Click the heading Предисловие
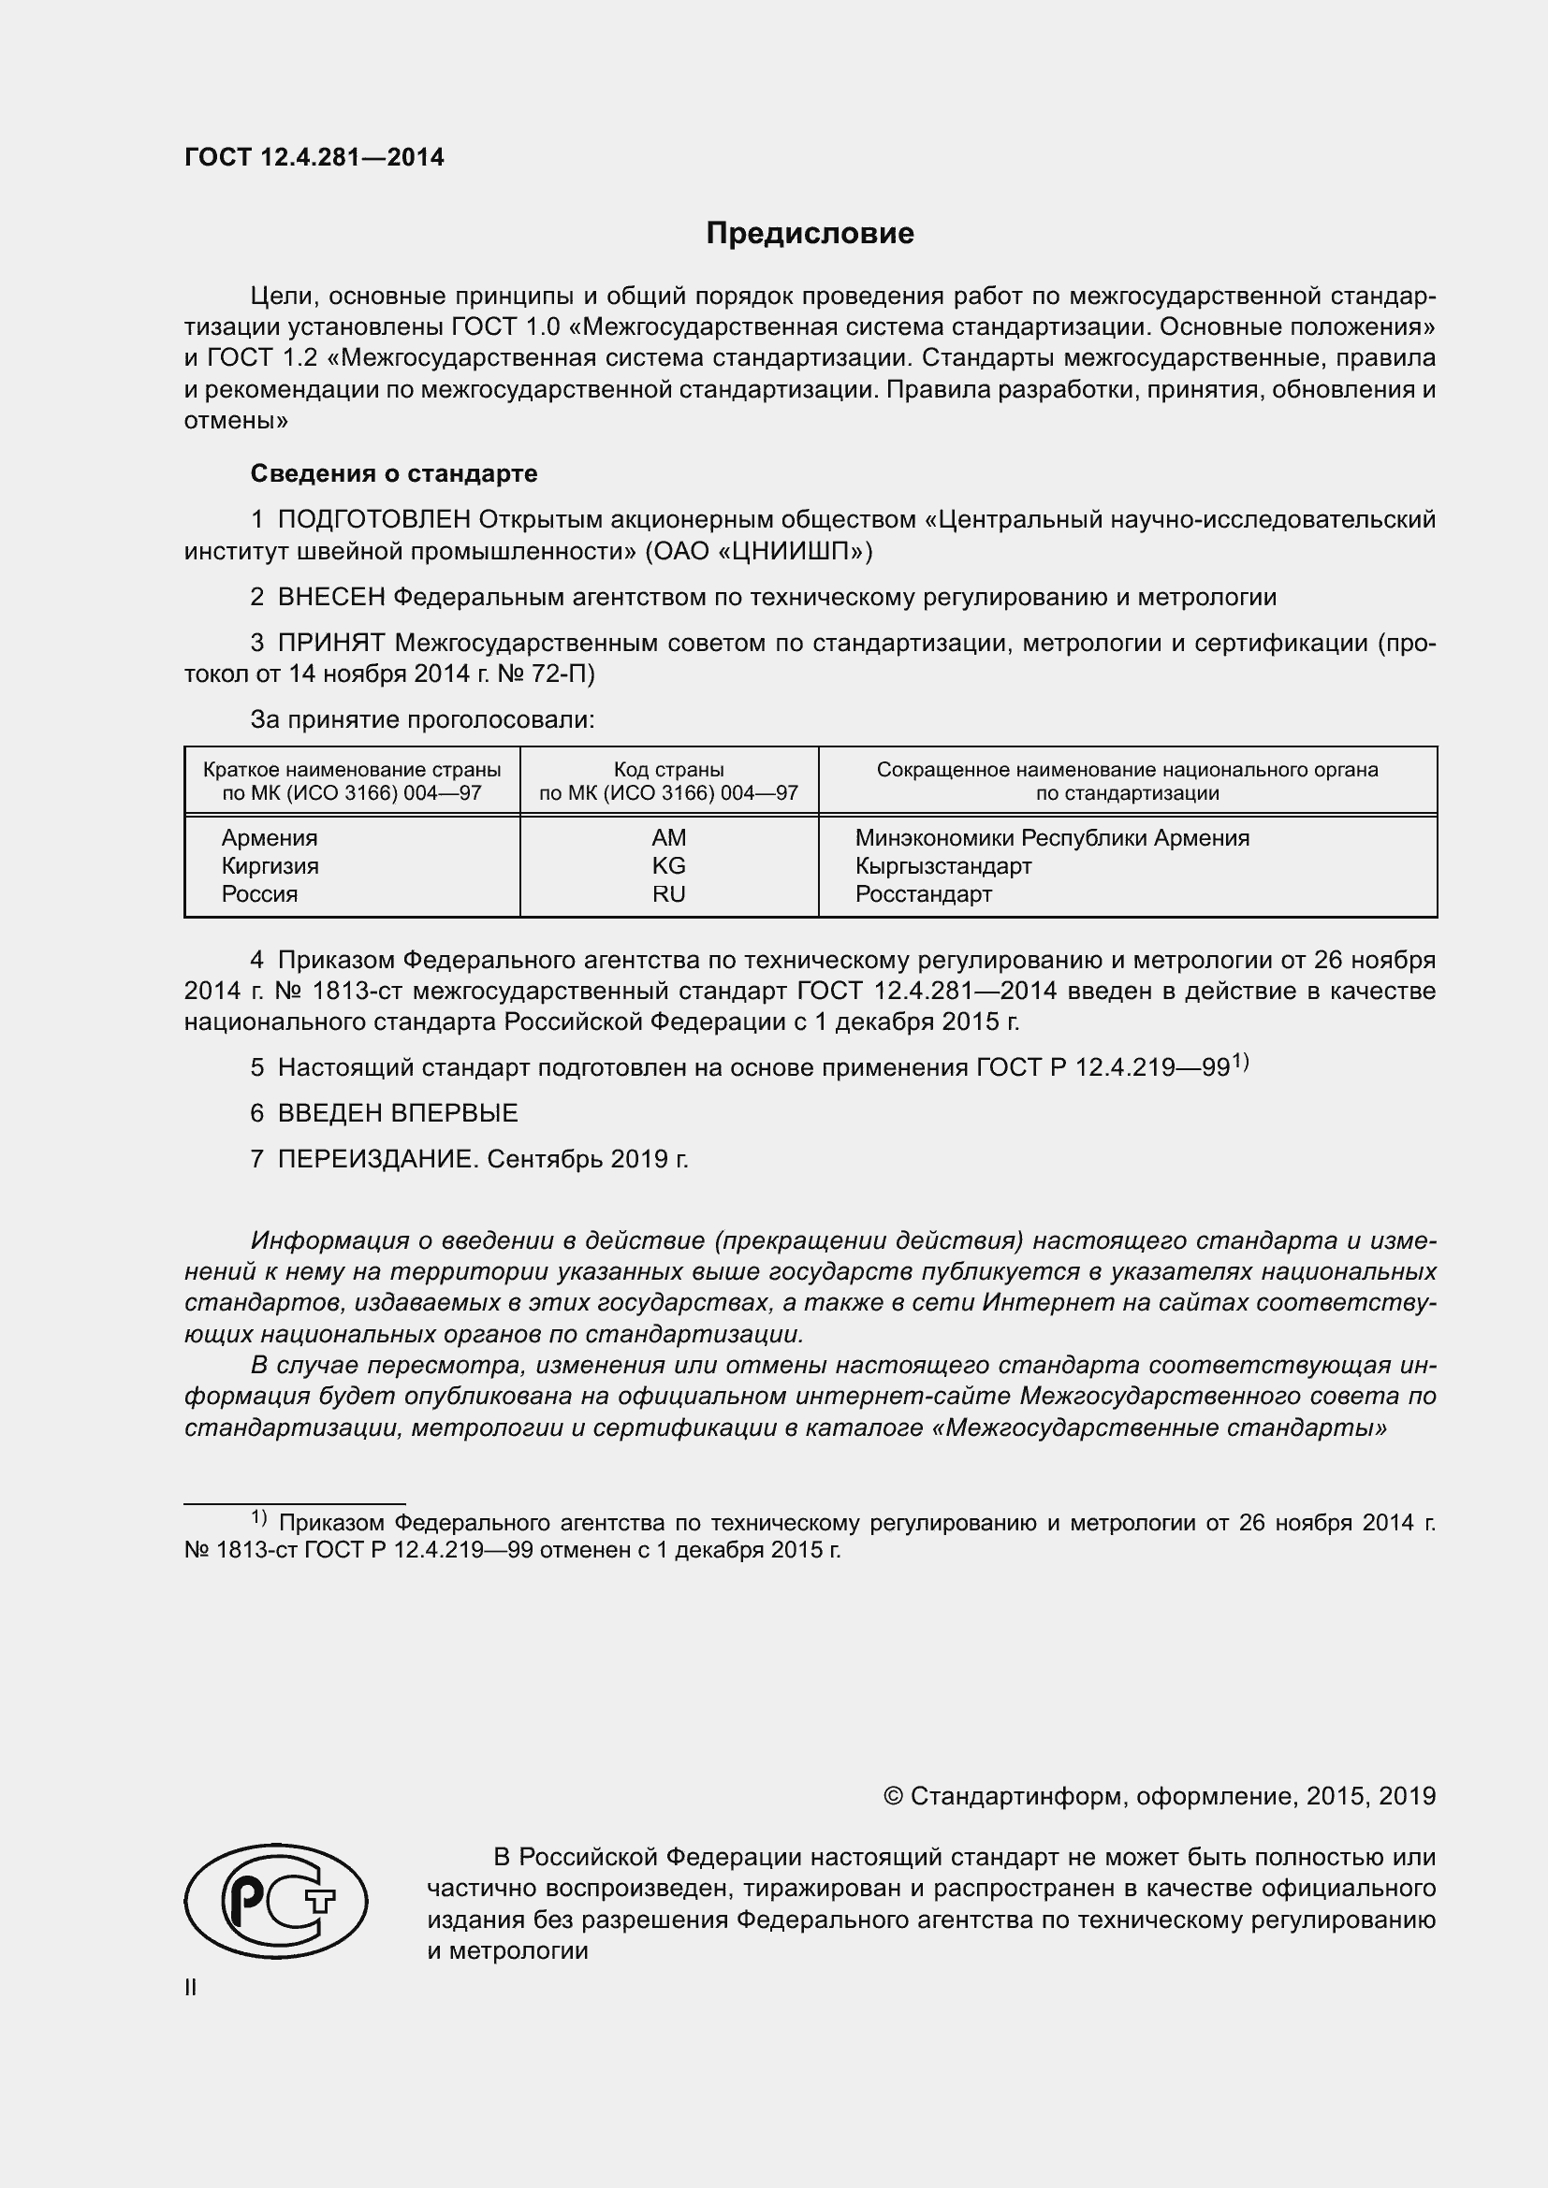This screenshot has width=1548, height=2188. click(x=810, y=234)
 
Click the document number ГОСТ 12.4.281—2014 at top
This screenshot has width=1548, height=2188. click(x=314, y=158)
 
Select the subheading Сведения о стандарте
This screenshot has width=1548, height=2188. click(x=394, y=473)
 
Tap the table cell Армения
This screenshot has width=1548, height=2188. click(x=270, y=837)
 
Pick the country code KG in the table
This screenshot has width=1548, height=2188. click(x=668, y=865)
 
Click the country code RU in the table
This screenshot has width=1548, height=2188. click(x=668, y=894)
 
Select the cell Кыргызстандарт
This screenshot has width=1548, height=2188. click(x=942, y=865)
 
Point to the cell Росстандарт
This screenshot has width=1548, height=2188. click(x=923, y=894)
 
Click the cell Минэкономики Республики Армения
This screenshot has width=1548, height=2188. click(x=1051, y=837)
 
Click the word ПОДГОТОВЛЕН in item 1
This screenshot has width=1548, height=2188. click(x=373, y=519)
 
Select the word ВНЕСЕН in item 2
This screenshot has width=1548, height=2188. click(x=330, y=598)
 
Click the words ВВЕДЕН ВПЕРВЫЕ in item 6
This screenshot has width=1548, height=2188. click(x=398, y=1113)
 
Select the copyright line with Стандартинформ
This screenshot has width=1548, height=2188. click(x=1159, y=1796)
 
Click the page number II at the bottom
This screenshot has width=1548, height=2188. click(x=191, y=1988)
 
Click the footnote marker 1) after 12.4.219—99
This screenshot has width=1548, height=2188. click(x=1240, y=1061)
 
